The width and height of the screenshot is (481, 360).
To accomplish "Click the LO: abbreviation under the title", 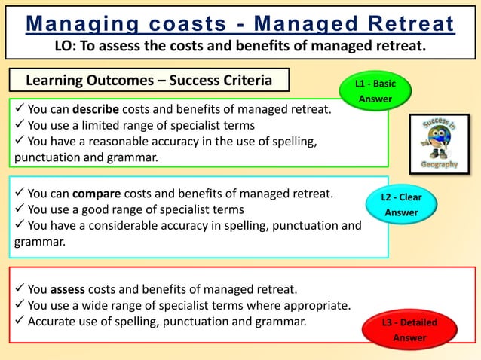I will point(66,46).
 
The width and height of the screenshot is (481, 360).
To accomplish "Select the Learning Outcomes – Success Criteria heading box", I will point(149,80).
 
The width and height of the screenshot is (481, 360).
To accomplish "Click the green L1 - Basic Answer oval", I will point(375,91).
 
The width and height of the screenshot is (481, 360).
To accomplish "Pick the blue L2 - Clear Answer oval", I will point(401,205).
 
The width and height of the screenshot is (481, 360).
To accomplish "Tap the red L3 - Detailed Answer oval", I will point(409,330).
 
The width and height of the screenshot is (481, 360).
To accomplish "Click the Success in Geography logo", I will point(439,143).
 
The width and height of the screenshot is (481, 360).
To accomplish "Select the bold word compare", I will point(97,194).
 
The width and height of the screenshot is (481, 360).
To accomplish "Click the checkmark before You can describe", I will point(19,109).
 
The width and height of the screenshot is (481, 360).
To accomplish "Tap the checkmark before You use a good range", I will point(19,209).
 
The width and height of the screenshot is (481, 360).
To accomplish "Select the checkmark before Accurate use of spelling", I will point(19,321).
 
